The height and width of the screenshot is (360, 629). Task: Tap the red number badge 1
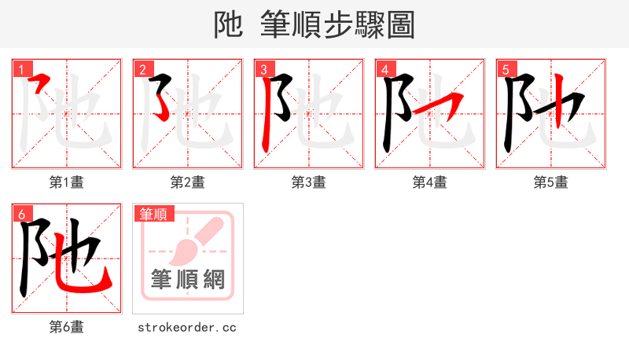21,70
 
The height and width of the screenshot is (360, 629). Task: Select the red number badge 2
142,70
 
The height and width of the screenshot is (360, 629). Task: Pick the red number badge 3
263,70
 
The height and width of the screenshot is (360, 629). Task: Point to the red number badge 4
384,70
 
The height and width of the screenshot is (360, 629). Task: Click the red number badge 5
506,70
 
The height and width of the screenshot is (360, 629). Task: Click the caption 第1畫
67,182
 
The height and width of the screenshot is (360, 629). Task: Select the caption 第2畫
188,182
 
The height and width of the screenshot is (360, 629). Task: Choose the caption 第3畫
309,182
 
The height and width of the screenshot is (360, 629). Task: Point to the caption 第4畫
430,182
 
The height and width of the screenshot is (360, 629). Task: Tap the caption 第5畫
551,182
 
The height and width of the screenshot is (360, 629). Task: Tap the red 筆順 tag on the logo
154,214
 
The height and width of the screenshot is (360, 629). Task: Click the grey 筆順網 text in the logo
188,279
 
